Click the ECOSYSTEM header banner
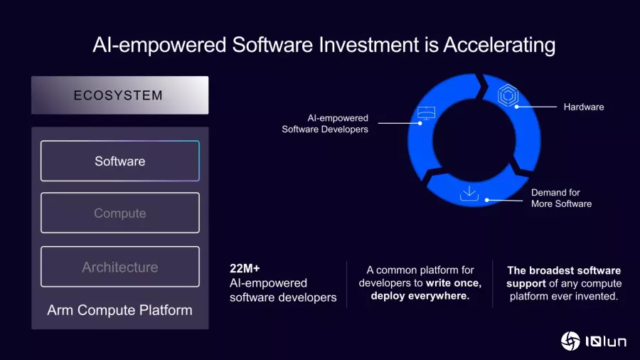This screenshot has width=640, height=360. point(120,95)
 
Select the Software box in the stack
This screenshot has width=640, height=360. point(120,161)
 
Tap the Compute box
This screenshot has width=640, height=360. point(120,213)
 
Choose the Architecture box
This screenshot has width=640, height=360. point(120,267)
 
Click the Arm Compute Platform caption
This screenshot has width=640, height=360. point(119,309)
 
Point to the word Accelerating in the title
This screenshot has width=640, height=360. point(499,46)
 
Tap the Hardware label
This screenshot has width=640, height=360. point(584,107)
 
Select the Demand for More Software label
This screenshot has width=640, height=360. point(561,198)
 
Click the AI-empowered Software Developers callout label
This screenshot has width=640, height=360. point(325,123)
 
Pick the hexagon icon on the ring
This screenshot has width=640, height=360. point(508,95)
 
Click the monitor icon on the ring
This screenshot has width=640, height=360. point(426,113)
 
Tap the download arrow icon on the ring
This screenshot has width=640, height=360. point(469,193)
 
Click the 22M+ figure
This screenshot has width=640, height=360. point(245,268)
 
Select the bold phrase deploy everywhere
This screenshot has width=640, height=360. point(420,295)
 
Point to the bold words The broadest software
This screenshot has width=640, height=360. point(564,270)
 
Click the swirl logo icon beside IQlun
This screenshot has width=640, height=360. point(570,341)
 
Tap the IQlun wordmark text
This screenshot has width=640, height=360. point(606,342)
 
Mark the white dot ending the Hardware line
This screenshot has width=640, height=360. point(517,107)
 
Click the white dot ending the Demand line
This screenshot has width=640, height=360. point(487,200)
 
